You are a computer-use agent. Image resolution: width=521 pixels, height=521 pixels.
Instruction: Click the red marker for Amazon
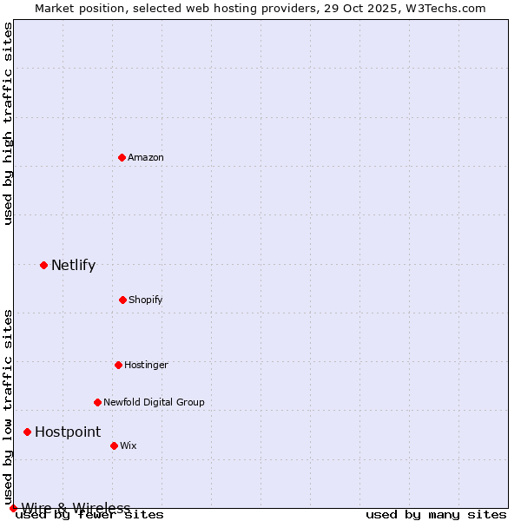(122, 157)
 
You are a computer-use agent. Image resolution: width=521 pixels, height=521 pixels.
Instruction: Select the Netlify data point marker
(43, 265)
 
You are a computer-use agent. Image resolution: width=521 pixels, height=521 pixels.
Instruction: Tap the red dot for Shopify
(122, 300)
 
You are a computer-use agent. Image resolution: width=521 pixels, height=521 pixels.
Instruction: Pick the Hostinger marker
(118, 365)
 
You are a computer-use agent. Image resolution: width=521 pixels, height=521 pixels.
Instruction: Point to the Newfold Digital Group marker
(97, 402)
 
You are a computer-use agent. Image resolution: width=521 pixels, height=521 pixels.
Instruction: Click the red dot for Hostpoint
(27, 432)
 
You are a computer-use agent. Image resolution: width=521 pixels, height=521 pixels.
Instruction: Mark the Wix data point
(114, 445)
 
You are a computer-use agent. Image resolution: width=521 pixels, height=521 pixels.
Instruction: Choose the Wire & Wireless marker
(13, 508)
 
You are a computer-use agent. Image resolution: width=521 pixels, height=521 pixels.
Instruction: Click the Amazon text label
(146, 157)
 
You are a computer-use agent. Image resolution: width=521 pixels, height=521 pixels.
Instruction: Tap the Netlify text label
(73, 266)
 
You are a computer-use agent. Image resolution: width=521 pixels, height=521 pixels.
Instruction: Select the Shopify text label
(146, 300)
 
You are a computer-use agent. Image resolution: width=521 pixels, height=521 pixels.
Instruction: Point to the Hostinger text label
(146, 365)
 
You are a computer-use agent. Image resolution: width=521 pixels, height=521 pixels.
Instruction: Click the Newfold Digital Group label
(154, 402)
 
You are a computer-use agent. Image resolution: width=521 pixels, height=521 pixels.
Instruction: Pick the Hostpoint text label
(68, 432)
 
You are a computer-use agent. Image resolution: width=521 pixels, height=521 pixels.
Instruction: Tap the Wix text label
(129, 445)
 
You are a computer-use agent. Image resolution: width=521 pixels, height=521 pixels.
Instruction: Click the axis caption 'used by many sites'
(435, 514)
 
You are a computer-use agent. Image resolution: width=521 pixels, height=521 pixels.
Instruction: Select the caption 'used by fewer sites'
(90, 514)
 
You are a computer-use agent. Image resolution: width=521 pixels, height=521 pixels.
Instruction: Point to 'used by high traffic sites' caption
(8, 123)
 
